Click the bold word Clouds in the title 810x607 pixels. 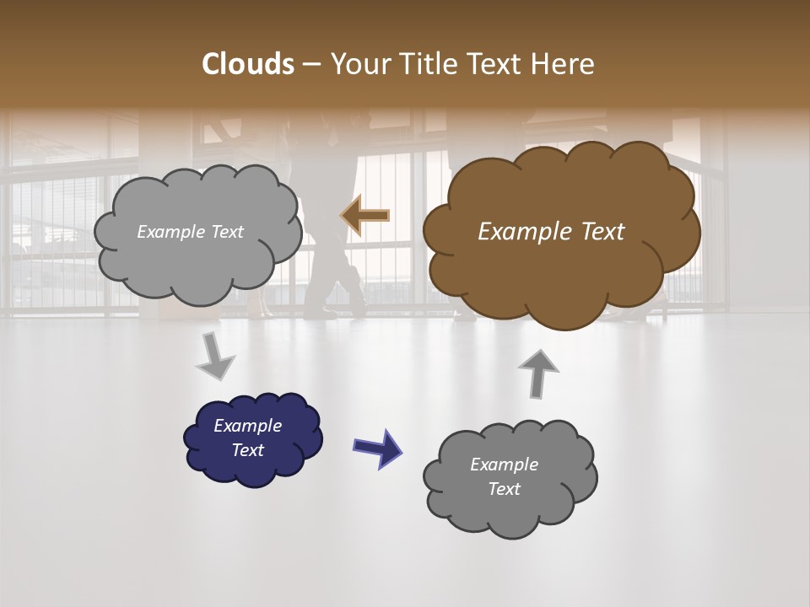(x=247, y=64)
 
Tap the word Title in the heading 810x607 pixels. (x=424, y=64)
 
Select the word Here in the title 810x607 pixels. (x=564, y=64)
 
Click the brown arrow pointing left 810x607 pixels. (x=364, y=216)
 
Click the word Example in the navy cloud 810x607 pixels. (x=247, y=426)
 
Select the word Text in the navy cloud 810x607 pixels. (x=248, y=450)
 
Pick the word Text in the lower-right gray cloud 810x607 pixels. (x=504, y=489)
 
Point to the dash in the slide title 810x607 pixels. (x=310, y=64)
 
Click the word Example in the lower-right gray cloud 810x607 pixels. (x=504, y=465)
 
